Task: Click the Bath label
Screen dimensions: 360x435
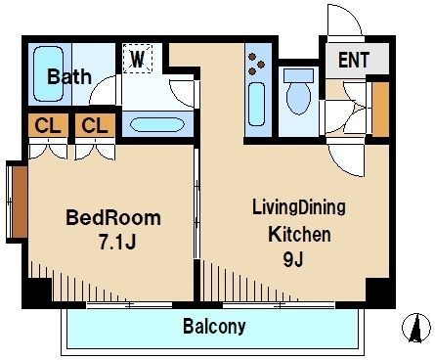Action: (69, 76)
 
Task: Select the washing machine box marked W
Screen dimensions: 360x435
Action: (139, 60)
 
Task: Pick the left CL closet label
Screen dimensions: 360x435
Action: (46, 125)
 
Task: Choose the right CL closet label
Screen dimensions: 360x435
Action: (93, 125)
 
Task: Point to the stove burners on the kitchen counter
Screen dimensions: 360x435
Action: (257, 64)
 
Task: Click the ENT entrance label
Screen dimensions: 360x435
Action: (353, 60)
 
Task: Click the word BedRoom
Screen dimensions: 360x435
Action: (112, 217)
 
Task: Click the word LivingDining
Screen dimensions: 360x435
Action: (299, 208)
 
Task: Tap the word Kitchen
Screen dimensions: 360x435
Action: (300, 235)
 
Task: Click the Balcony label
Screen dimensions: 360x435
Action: (214, 326)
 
